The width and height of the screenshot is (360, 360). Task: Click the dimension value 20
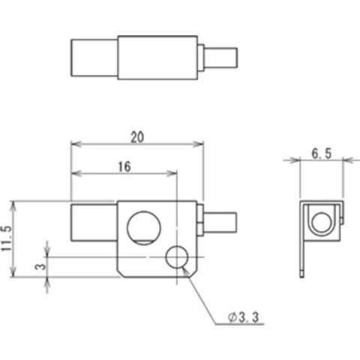pyautogui.click(x=137, y=137)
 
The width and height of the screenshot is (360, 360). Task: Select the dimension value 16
pyautogui.click(x=124, y=166)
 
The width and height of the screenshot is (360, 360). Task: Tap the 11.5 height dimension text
pyautogui.click(x=7, y=238)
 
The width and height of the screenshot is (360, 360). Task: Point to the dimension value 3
pyautogui.click(x=41, y=266)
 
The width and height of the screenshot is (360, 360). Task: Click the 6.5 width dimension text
pyautogui.click(x=322, y=154)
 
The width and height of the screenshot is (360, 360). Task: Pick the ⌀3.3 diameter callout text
pyautogui.click(x=243, y=318)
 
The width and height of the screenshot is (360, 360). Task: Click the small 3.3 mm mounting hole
pyautogui.click(x=177, y=256)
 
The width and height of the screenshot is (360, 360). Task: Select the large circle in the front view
pyautogui.click(x=144, y=228)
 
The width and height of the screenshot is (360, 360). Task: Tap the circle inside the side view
pyautogui.click(x=321, y=222)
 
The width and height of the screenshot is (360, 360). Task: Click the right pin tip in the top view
pyautogui.click(x=220, y=58)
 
